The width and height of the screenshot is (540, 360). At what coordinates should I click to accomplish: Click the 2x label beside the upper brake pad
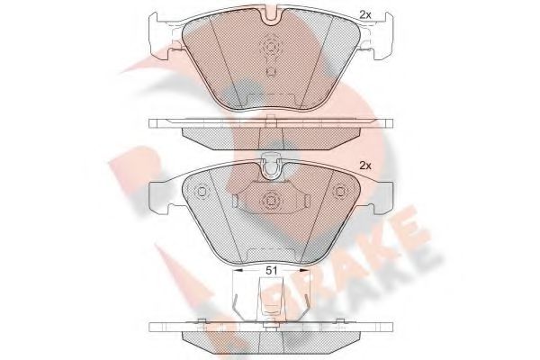tap(364, 13)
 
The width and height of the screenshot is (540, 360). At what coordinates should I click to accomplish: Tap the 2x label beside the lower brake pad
tap(364, 166)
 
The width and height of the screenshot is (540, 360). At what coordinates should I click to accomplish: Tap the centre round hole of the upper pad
tap(271, 49)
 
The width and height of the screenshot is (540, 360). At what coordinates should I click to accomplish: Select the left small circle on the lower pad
tap(202, 191)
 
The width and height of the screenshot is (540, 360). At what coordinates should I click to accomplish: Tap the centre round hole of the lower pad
tap(271, 201)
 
